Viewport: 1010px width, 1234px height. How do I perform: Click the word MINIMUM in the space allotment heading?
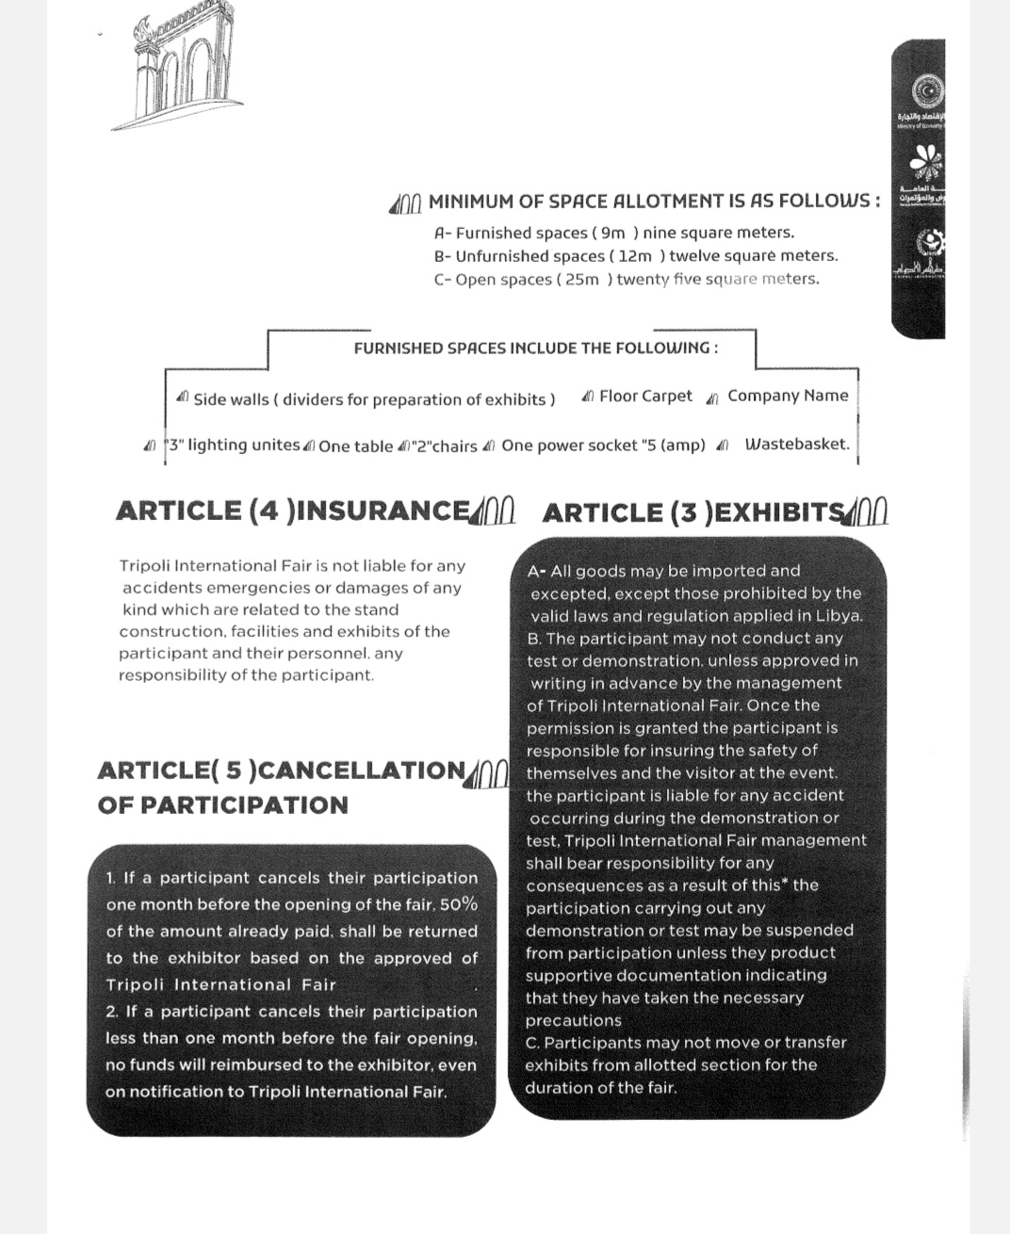(x=472, y=202)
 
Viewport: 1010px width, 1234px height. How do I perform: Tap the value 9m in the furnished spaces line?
(x=612, y=233)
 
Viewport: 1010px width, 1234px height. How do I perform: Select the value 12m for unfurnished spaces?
(x=636, y=256)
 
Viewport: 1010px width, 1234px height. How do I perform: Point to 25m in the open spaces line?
(x=582, y=280)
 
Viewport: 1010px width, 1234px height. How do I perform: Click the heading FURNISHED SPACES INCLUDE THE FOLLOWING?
(x=535, y=349)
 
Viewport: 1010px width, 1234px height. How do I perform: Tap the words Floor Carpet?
(x=645, y=397)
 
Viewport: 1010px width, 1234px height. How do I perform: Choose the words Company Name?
(x=788, y=396)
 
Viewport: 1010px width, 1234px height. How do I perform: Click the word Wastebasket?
(x=797, y=445)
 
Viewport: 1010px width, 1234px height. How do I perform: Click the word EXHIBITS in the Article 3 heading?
(x=783, y=512)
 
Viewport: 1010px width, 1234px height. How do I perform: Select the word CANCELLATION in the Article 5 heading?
(x=362, y=771)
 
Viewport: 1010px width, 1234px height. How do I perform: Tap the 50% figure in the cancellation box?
(x=459, y=904)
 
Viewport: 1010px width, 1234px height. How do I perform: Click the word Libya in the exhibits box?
(x=839, y=616)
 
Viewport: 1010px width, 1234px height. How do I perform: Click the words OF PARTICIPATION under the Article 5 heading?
(x=222, y=805)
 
